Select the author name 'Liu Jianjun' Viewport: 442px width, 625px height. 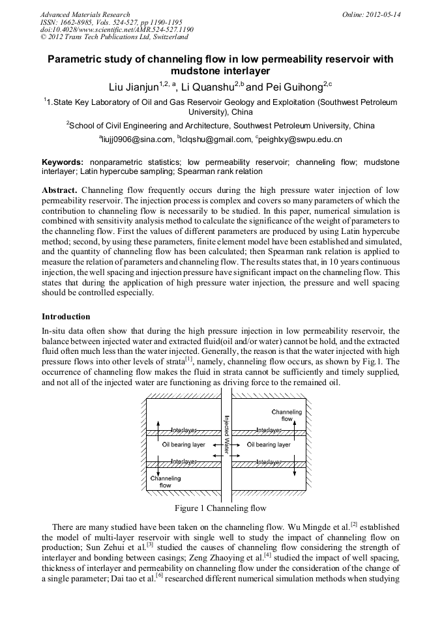133,86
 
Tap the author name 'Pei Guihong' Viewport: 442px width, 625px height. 287,86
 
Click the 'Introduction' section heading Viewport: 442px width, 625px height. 66,317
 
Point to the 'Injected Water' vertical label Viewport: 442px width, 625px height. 226,435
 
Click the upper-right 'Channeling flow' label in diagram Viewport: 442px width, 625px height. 286,416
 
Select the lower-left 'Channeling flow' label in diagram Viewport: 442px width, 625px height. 166,482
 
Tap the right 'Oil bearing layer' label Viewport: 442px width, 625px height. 269,445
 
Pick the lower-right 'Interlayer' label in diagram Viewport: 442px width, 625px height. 269,461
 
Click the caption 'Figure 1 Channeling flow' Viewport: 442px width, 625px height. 220,508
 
